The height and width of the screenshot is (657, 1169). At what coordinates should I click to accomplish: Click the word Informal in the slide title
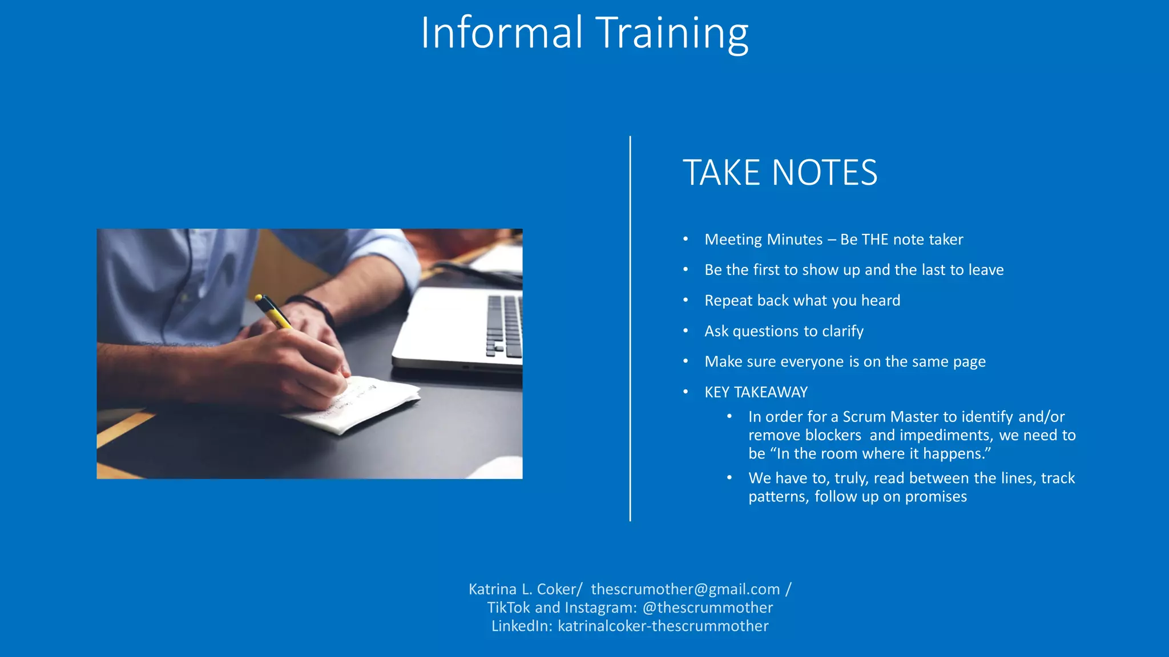tap(501, 33)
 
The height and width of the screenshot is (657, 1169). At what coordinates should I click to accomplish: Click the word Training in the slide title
tap(671, 33)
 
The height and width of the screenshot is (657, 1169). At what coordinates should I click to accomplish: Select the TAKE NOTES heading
tap(780, 173)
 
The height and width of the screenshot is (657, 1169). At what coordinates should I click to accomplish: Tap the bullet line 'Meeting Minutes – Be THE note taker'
tap(833, 240)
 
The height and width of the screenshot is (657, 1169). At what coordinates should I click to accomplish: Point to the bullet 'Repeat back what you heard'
tap(802, 301)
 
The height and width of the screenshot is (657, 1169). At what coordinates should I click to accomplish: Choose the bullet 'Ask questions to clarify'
tap(784, 331)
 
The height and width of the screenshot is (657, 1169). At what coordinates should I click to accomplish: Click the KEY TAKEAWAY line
tap(756, 392)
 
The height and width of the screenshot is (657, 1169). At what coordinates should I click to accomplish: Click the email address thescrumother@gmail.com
tap(685, 589)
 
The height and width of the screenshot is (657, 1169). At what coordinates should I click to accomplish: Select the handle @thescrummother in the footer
tap(707, 608)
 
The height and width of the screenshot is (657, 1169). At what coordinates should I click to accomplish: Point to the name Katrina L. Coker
tap(522, 589)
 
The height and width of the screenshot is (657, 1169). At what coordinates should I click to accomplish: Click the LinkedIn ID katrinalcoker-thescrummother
tap(663, 626)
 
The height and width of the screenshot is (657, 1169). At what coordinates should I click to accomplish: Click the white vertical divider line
tap(630, 328)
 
